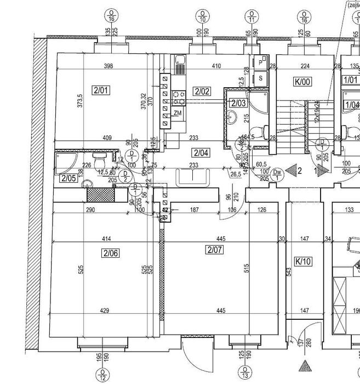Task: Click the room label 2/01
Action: (102, 91)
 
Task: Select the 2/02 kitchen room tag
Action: (202, 91)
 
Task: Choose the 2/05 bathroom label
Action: (68, 178)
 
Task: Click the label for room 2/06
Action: (110, 253)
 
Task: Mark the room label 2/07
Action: (214, 251)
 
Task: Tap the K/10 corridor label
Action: (302, 261)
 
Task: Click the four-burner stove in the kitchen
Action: (178, 98)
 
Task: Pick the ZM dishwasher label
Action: (177, 113)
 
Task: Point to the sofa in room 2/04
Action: (193, 177)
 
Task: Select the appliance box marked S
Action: (261, 78)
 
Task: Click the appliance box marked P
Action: (261, 64)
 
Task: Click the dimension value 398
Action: (107, 66)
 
